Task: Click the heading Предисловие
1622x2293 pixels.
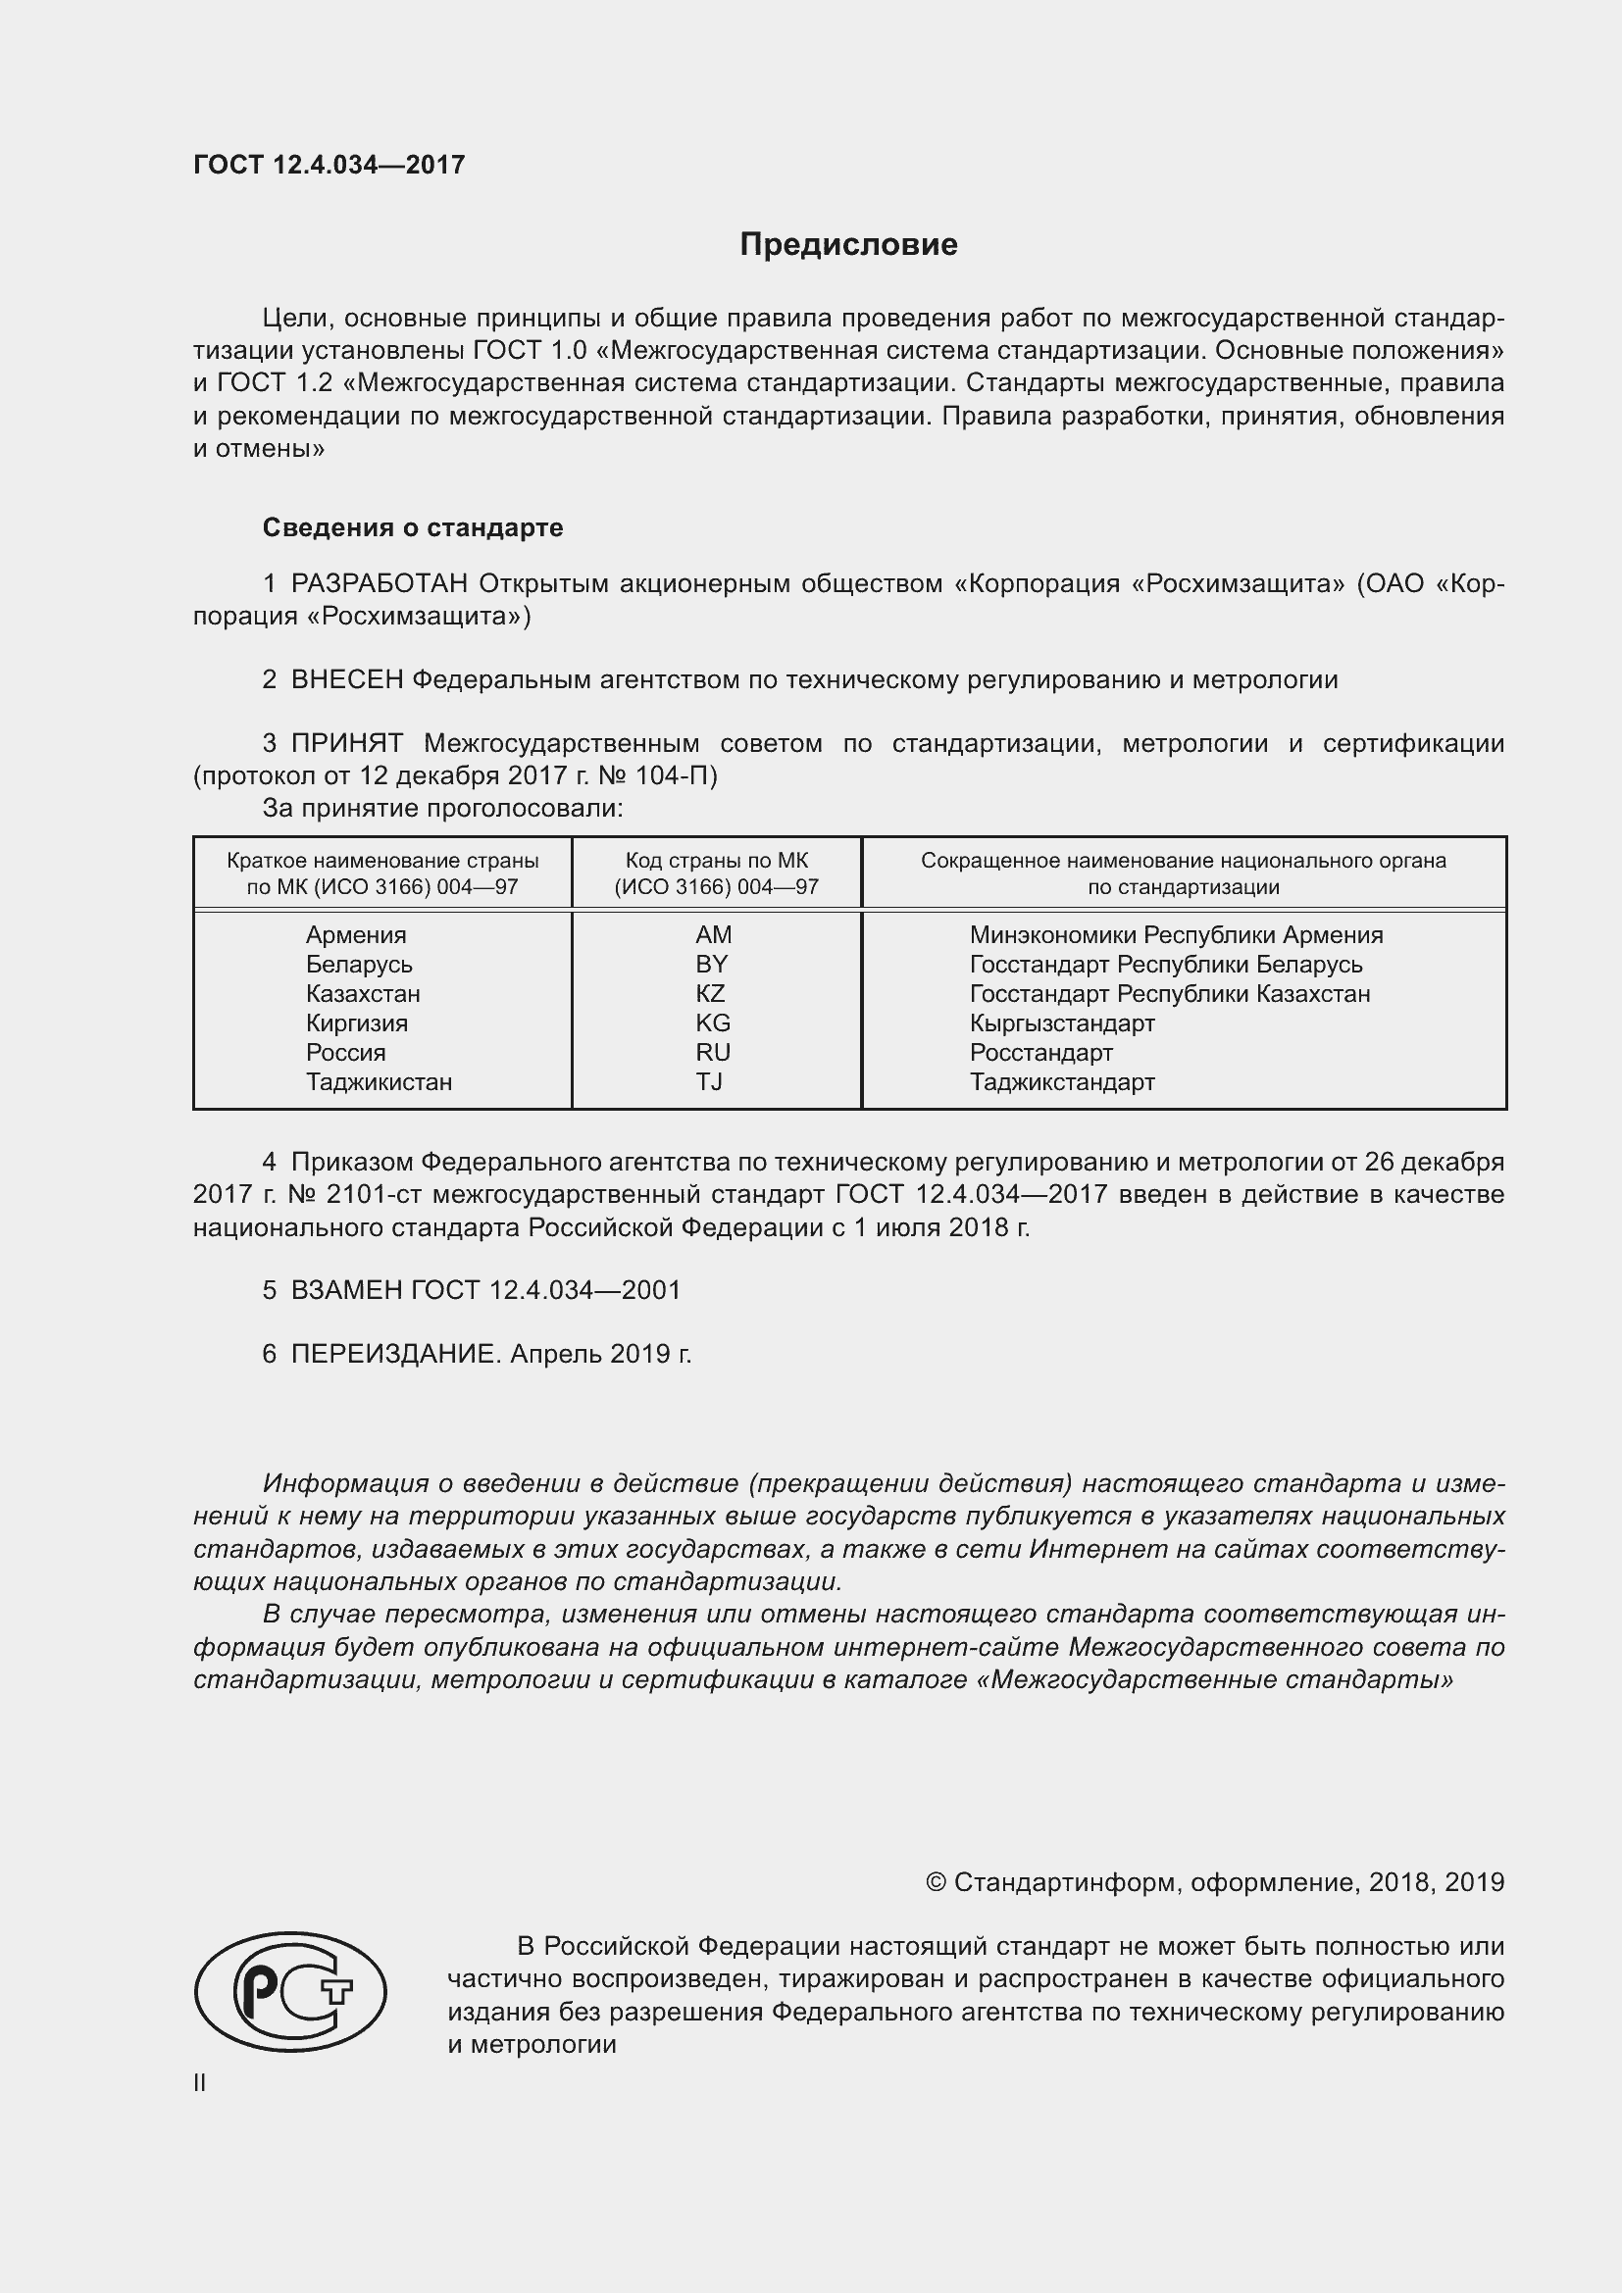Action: tap(848, 245)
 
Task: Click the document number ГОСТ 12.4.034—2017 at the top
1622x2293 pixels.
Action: tap(329, 165)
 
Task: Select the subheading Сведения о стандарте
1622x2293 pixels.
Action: tap(413, 527)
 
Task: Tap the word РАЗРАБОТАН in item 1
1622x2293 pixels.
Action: tap(380, 583)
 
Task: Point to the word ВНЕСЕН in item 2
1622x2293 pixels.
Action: tap(346, 680)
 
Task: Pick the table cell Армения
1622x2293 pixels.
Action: tap(356, 935)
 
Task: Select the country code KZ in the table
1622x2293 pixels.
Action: tap(710, 994)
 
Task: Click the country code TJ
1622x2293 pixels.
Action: tap(709, 1081)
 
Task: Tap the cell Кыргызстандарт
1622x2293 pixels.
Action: tap(1062, 1022)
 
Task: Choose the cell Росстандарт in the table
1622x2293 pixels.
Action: tap(1040, 1053)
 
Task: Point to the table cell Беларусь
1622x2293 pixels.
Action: tap(359, 965)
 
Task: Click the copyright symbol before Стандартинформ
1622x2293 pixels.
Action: tap(935, 1882)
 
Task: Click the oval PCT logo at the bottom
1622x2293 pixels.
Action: tap(289, 1991)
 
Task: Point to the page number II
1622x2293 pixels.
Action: tap(200, 2083)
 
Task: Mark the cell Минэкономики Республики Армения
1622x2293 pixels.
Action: tap(1176, 935)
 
